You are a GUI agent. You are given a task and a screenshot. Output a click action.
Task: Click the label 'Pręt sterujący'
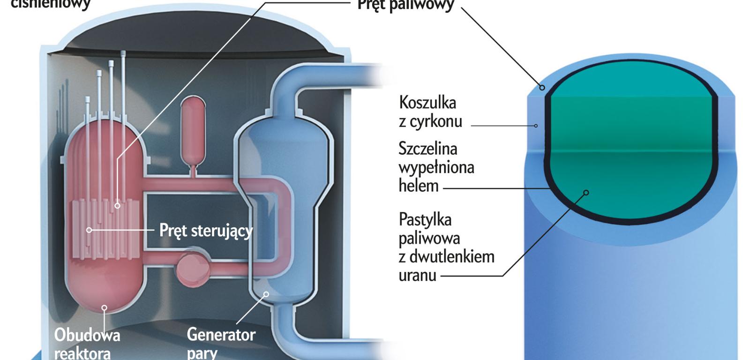(x=206, y=231)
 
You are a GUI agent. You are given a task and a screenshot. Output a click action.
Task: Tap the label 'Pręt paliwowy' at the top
(x=405, y=5)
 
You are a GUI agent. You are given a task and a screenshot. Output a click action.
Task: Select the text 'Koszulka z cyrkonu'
(x=430, y=112)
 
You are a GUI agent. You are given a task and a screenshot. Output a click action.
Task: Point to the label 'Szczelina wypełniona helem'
(x=436, y=167)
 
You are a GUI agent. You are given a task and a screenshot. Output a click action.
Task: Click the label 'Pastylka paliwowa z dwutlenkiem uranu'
(x=446, y=247)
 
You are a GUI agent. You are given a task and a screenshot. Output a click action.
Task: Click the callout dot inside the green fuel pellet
(x=585, y=192)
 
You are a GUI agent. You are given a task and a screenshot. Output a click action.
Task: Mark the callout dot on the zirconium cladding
(x=536, y=126)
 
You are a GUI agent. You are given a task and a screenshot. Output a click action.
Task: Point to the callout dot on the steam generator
(x=266, y=294)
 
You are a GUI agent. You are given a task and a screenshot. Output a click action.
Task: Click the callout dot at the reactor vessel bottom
(x=105, y=308)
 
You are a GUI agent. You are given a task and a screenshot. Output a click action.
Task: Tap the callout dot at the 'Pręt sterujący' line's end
(x=89, y=230)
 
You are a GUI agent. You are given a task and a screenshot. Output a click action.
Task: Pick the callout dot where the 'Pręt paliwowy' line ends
(x=117, y=205)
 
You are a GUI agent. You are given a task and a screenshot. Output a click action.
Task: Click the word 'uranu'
(x=417, y=275)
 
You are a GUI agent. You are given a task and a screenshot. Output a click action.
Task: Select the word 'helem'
(x=418, y=186)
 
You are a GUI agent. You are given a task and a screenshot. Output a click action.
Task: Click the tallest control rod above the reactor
(x=123, y=84)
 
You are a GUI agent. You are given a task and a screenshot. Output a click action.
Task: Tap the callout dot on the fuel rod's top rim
(x=542, y=88)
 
